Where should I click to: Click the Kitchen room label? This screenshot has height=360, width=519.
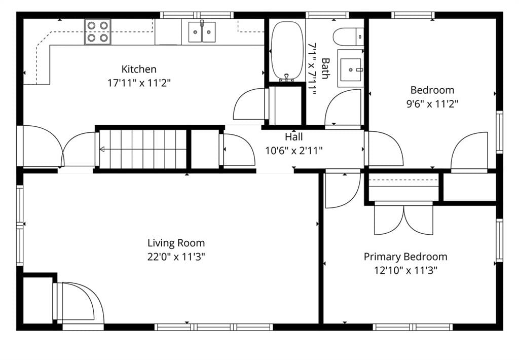[x=139, y=69]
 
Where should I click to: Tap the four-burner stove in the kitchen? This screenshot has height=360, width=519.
[x=98, y=32]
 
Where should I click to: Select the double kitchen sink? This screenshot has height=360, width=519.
[x=202, y=32]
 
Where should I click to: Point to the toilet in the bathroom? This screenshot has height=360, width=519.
[x=348, y=37]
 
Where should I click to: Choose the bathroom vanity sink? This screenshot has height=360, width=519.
[x=351, y=69]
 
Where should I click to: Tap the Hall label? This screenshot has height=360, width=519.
[x=294, y=136]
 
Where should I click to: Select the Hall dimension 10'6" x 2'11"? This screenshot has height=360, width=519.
[x=294, y=151]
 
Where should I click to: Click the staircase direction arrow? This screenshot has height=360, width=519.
[x=143, y=150]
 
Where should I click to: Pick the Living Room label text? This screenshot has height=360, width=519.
[x=176, y=243]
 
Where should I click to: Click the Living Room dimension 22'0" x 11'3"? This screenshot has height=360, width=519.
[x=176, y=257]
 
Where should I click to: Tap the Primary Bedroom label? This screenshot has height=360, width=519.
[x=405, y=257]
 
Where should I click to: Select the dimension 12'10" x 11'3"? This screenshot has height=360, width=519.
[x=406, y=271]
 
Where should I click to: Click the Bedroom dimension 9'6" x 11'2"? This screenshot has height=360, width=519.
[x=432, y=104]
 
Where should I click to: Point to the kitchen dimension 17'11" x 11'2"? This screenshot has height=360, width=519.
[x=139, y=83]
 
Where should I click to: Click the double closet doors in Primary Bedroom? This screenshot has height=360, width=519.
[x=404, y=218]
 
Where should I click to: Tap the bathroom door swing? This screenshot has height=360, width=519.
[x=343, y=107]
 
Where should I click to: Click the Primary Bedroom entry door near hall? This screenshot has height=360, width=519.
[x=343, y=189]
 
